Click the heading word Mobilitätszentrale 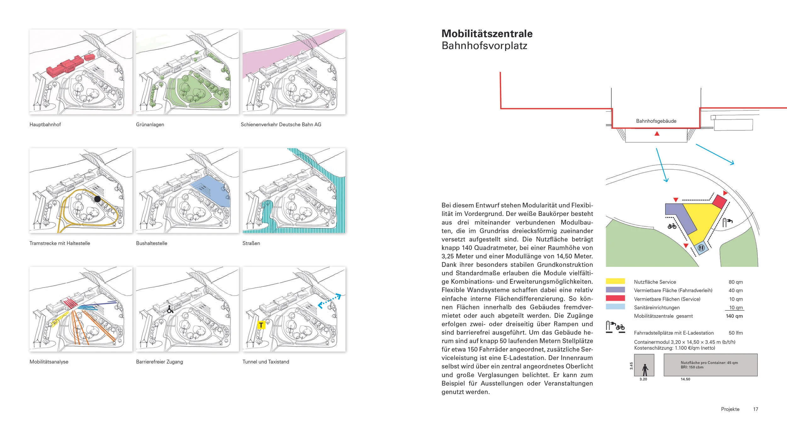[x=487, y=34]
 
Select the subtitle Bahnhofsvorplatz [x=484, y=46]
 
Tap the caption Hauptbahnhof [x=45, y=125]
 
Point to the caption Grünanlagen [x=150, y=125]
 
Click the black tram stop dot [x=97, y=199]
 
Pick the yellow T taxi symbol [x=261, y=325]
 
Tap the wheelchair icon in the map [x=170, y=309]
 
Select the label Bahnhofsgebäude [x=656, y=121]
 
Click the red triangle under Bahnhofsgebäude [x=657, y=134]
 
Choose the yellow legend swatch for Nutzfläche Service [x=615, y=281]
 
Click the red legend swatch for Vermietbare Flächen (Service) [x=615, y=298]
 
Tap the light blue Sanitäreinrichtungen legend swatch [x=615, y=307]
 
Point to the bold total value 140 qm [x=734, y=316]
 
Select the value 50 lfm [x=735, y=333]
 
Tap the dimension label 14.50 [x=685, y=379]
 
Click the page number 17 [x=756, y=409]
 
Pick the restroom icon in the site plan [x=701, y=248]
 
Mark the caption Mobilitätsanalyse [x=49, y=362]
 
